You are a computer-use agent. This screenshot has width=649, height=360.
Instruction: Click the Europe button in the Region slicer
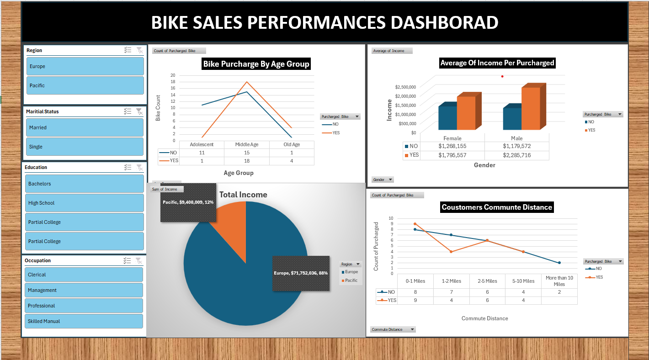[x=85, y=66]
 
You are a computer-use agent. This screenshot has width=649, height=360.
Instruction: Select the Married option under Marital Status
[x=85, y=127]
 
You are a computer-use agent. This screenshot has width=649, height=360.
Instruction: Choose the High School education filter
[x=85, y=203]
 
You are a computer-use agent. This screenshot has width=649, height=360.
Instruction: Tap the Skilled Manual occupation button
[x=84, y=321]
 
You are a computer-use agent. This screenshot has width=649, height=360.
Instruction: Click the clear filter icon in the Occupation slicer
[x=139, y=261]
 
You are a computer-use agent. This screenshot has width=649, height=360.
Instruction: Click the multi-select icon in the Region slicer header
[x=128, y=50]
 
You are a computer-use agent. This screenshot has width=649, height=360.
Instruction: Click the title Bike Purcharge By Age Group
[x=256, y=64]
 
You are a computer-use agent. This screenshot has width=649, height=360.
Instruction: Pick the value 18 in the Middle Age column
[x=246, y=161]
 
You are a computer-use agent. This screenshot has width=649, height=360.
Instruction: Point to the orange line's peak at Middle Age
[x=247, y=82]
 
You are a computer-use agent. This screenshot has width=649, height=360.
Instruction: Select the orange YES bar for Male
[x=531, y=109]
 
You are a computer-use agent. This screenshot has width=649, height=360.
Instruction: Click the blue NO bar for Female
[x=447, y=118]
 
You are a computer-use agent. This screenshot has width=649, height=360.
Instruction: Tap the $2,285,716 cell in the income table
[x=516, y=155]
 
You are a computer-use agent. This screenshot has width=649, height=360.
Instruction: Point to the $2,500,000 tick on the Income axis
[x=405, y=87]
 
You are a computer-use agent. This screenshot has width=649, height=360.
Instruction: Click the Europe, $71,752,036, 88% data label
[x=301, y=273]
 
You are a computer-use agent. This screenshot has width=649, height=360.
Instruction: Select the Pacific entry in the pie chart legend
[x=351, y=281]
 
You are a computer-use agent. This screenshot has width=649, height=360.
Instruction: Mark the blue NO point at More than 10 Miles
[x=559, y=263]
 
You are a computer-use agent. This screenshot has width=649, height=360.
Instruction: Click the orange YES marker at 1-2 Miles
[x=451, y=252]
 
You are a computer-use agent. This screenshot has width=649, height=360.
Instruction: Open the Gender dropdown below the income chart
[x=383, y=180]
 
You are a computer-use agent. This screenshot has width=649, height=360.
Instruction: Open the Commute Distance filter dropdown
[x=393, y=329]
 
